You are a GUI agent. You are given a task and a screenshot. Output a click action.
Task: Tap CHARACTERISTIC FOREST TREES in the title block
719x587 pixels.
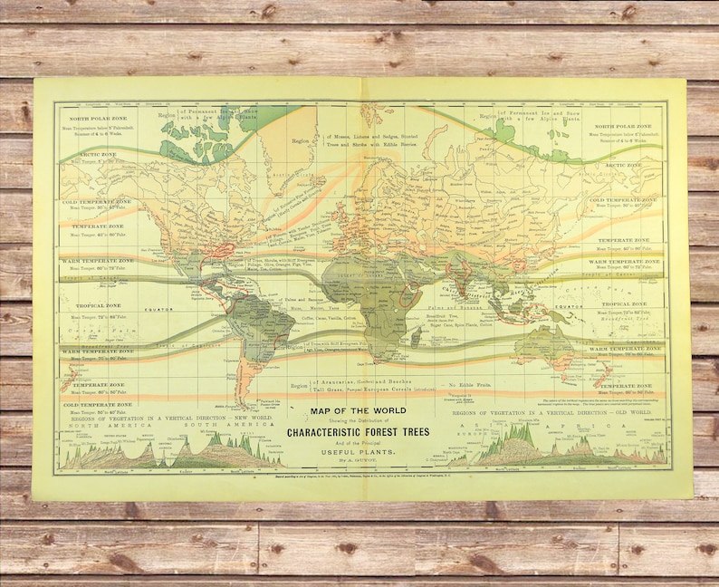point(359,430)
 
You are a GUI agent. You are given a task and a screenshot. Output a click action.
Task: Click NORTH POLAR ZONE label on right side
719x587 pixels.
point(625,126)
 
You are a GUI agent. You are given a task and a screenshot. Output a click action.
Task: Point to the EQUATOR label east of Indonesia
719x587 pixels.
point(570,306)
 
